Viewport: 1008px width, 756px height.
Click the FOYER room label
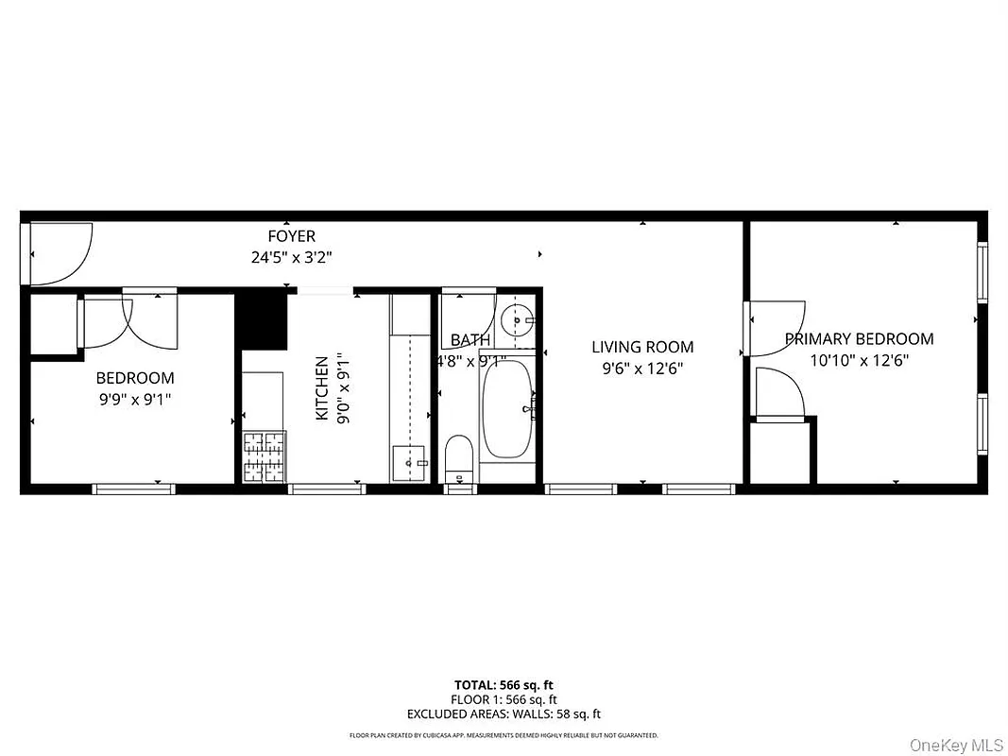tap(291, 236)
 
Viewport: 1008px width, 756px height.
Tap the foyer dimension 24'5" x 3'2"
tap(291, 256)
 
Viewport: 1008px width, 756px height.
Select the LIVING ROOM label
tap(642, 347)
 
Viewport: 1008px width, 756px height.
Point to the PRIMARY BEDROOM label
tap(859, 338)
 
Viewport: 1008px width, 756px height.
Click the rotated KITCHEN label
tap(322, 388)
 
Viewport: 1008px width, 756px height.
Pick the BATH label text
tap(470, 340)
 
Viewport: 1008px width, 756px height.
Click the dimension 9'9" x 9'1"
tap(135, 399)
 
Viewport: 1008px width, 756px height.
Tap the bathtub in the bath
tap(509, 412)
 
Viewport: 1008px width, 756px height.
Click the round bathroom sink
tap(515, 319)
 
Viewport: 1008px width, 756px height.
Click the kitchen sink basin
tap(410, 462)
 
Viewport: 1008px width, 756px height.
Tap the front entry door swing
tap(60, 252)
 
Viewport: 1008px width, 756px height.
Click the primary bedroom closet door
tap(778, 393)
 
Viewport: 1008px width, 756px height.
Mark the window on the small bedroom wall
tap(133, 489)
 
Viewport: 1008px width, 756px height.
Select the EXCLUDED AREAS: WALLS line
tap(504, 714)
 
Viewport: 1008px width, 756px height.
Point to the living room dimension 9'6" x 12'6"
tap(642, 369)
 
